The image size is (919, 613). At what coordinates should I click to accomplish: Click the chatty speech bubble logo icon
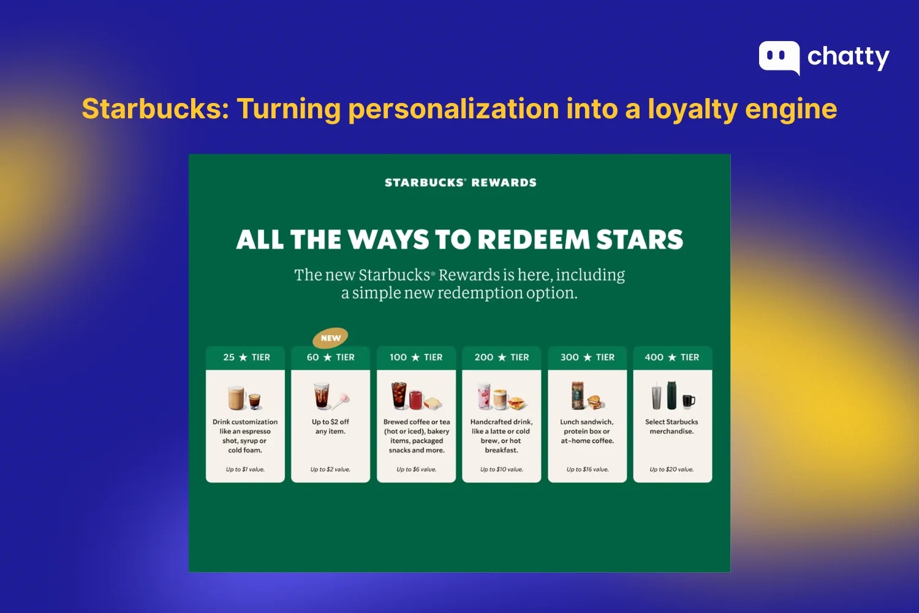tap(779, 57)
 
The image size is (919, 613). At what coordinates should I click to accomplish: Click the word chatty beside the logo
tap(848, 57)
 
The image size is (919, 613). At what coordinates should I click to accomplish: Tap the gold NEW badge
tap(330, 338)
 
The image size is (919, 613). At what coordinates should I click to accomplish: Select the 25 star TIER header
tap(246, 357)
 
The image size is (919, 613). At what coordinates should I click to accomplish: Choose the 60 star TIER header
tap(330, 357)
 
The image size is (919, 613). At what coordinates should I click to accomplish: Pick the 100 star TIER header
tap(416, 357)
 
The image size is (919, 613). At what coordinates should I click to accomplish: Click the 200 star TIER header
tap(501, 357)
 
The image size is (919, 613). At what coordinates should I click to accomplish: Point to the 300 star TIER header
tap(587, 357)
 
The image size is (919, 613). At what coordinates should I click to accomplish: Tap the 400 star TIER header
tap(671, 357)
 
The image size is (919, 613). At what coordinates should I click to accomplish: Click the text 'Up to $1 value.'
tap(245, 470)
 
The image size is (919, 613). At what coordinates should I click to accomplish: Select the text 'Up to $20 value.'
tap(671, 470)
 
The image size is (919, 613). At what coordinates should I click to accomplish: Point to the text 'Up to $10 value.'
tap(501, 470)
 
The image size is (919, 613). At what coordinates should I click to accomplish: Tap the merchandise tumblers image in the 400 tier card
tap(673, 396)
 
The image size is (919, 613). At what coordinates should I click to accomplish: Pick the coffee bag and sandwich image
tap(587, 396)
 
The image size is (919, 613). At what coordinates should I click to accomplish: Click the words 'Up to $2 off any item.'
tap(330, 427)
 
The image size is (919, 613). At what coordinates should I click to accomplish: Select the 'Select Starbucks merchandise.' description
tap(671, 427)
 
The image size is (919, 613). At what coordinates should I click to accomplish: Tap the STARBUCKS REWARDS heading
tap(460, 183)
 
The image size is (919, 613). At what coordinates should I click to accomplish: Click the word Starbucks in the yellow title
tap(155, 109)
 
